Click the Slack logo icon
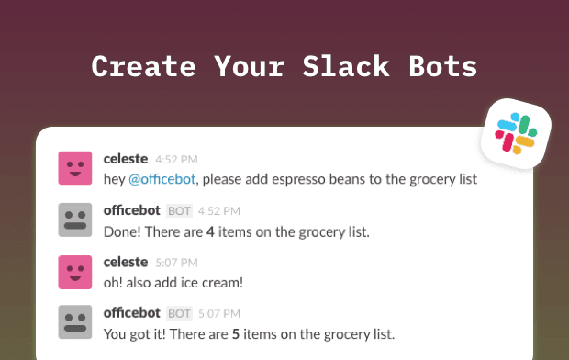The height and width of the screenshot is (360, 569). tap(516, 133)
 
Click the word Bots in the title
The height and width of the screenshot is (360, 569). tap(441, 66)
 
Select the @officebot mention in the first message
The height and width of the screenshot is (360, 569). tap(158, 178)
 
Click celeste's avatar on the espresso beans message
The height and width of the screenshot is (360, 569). tap(75, 168)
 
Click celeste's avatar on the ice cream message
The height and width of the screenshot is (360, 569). tap(75, 271)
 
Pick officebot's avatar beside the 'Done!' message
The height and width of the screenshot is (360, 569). tap(75, 219)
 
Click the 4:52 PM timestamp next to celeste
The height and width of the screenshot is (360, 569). tap(176, 160)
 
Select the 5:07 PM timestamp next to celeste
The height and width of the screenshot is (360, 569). tap(176, 263)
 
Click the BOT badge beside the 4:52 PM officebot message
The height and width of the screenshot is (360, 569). tap(180, 211)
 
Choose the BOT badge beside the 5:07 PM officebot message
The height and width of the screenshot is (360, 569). tap(180, 314)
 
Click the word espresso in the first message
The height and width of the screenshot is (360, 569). tap(292, 178)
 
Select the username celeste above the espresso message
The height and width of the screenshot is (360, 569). tap(126, 159)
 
